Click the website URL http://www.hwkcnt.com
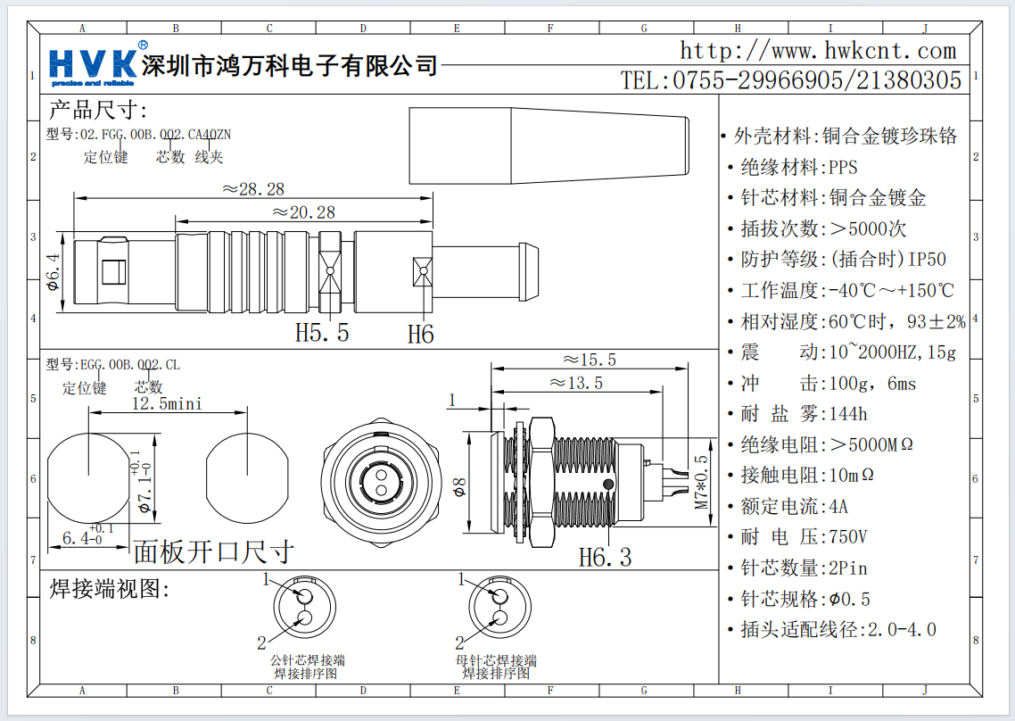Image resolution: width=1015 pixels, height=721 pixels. click(x=817, y=50)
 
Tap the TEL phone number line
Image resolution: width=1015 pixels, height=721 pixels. click(x=791, y=80)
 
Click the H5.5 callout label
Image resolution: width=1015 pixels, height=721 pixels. click(x=322, y=334)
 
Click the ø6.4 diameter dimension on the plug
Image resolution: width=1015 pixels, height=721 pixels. click(x=53, y=273)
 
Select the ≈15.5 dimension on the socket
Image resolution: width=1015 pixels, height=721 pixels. click(x=590, y=360)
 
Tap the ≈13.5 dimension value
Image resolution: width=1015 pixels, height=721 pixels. click(x=576, y=383)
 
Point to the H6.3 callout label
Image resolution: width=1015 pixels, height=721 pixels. click(x=605, y=558)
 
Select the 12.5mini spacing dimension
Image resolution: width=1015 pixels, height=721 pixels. click(x=167, y=403)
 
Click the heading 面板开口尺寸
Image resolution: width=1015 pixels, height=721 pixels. click(x=212, y=552)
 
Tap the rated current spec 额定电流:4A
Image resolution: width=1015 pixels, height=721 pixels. click(x=794, y=506)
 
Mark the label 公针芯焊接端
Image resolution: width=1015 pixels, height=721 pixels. click(x=307, y=660)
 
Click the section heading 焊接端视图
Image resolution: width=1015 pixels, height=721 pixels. click(x=109, y=589)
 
